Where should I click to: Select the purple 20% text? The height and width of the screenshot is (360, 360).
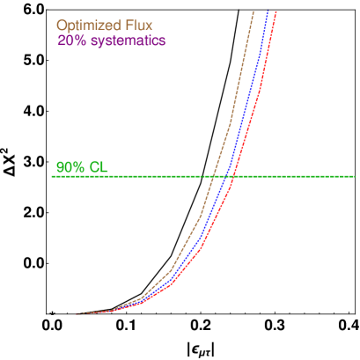[70, 40]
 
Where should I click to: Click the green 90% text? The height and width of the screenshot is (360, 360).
[69, 167]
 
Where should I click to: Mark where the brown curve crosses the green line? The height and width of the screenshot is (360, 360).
[214, 176]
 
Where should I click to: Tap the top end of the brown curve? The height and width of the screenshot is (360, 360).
[253, 11]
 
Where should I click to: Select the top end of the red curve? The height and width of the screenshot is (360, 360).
[276, 11]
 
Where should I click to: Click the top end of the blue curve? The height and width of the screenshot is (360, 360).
[268, 11]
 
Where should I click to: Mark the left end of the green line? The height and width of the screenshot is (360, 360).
[52, 176]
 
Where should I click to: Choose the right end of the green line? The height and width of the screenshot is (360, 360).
[355, 176]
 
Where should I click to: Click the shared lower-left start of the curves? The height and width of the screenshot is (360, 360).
[77, 313]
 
